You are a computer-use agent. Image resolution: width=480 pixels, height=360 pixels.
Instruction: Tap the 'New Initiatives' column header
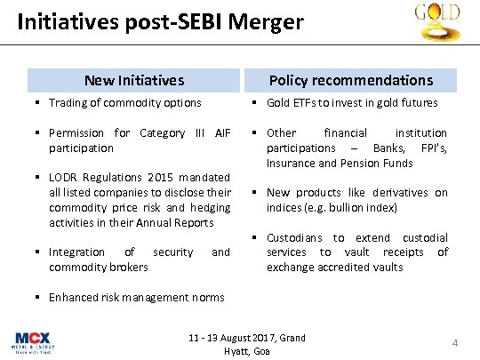click(133, 80)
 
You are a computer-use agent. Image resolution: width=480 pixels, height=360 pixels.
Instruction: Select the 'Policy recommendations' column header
click(350, 80)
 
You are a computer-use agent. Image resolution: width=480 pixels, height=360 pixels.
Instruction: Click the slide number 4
click(454, 343)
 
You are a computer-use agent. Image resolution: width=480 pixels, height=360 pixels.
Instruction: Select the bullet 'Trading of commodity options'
click(125, 103)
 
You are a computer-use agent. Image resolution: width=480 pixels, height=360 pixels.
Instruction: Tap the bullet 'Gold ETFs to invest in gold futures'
click(351, 103)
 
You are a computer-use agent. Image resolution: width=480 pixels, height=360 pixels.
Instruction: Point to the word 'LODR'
click(65, 178)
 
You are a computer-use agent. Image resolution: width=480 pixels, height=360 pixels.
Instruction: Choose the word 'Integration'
click(76, 252)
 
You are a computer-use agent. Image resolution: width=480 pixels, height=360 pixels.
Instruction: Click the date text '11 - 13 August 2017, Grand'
click(247, 338)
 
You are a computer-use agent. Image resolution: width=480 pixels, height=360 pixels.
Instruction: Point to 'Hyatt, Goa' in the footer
click(248, 351)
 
